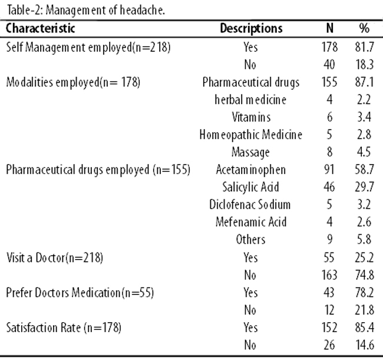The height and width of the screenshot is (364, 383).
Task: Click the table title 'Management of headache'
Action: [x=105, y=10]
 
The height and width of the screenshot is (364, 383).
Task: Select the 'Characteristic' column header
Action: [x=40, y=28]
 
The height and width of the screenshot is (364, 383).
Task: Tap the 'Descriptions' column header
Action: [x=251, y=28]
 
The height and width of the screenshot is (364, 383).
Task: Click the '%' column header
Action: [x=364, y=28]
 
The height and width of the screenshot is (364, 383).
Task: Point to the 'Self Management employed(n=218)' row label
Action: [x=88, y=47]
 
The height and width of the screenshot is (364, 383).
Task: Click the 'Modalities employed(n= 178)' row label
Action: [x=73, y=82]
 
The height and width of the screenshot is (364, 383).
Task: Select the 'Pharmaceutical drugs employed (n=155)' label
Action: [x=98, y=169]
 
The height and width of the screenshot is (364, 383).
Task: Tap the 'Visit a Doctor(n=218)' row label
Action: [x=54, y=257]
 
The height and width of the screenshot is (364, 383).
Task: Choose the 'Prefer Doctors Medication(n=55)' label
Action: [x=80, y=293]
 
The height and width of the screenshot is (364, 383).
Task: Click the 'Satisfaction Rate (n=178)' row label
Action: [x=64, y=327]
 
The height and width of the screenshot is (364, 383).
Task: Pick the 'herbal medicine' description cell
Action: [x=250, y=100]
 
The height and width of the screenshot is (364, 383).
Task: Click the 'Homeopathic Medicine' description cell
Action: [x=250, y=135]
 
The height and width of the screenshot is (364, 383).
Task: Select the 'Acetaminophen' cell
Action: [x=250, y=169]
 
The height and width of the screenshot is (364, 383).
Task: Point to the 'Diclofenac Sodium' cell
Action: [x=250, y=205]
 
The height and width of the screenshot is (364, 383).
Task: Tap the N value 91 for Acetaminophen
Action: [x=329, y=169]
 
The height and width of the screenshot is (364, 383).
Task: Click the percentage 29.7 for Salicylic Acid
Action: [x=364, y=187]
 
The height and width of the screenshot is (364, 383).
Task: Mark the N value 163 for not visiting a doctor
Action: [x=329, y=275]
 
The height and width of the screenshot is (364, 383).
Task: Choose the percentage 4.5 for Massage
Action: [x=364, y=152]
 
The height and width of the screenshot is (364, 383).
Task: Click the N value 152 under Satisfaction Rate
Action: [x=329, y=327]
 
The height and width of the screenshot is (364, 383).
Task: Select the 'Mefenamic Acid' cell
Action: [x=251, y=222]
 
